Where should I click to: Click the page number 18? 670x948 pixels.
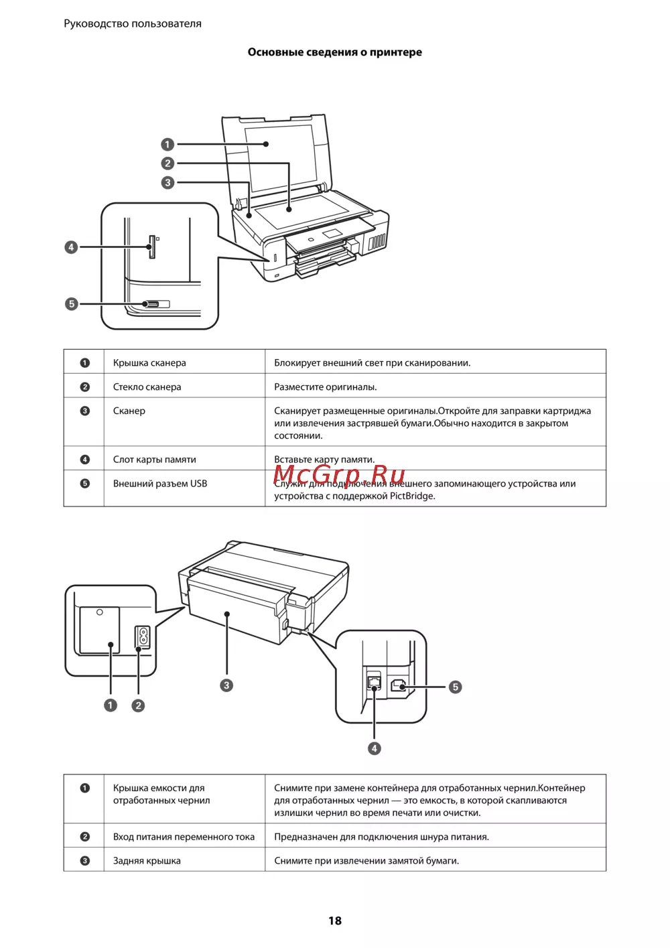335,921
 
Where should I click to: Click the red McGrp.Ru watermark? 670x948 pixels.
339,474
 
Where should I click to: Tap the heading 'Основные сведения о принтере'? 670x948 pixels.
335,52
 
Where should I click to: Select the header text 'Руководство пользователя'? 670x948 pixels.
133,23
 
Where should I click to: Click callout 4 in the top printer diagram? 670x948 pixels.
71,247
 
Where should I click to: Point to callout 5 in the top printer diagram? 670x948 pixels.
71,303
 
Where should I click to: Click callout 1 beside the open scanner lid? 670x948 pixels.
167,144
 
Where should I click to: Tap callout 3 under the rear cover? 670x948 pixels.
226,685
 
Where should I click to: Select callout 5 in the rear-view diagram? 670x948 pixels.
455,687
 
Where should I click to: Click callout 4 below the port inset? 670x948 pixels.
375,748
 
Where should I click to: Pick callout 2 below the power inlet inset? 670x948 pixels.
138,705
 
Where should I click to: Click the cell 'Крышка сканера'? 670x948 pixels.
149,363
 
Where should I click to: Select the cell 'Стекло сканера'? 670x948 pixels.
147,387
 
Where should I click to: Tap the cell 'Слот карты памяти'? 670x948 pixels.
154,460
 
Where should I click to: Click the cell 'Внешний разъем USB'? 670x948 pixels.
160,484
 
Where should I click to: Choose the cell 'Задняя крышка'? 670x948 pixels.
147,861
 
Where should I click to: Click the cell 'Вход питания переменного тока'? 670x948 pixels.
184,837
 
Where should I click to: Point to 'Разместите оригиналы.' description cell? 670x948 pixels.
326,387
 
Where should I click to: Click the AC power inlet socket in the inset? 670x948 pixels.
143,637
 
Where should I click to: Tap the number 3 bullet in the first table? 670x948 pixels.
85,411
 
